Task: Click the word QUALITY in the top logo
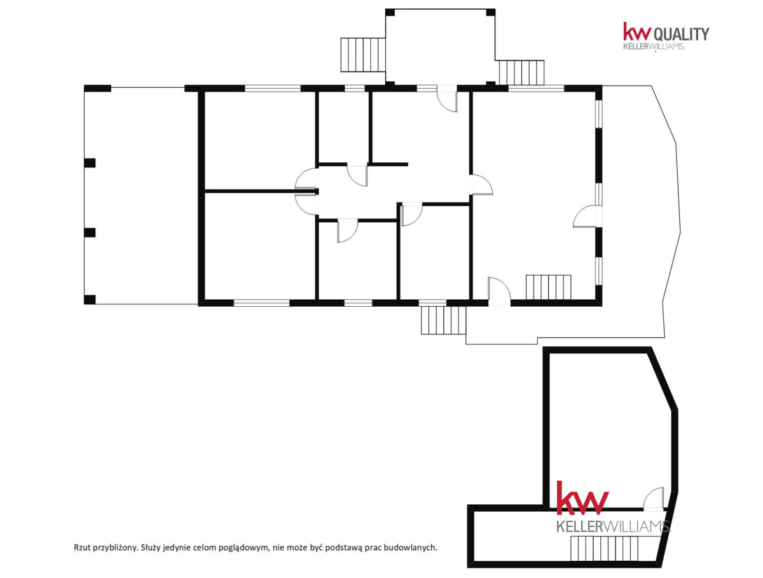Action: tap(682, 34)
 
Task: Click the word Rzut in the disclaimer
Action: tap(81, 547)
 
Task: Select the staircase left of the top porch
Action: tap(363, 55)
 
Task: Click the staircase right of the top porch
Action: tap(521, 73)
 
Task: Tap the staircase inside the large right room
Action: tap(548, 287)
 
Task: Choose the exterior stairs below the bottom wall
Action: tap(443, 320)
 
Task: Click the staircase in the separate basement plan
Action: tap(615, 549)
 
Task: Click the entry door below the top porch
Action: tap(447, 99)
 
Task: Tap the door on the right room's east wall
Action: tap(588, 216)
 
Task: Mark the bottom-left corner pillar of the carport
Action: tap(90, 300)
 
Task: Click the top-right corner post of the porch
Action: tap(490, 13)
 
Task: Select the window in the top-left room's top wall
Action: tap(273, 88)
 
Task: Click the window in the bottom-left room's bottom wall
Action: tap(261, 303)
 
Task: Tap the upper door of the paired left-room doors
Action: tap(306, 179)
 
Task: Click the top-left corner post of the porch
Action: tap(390, 13)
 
